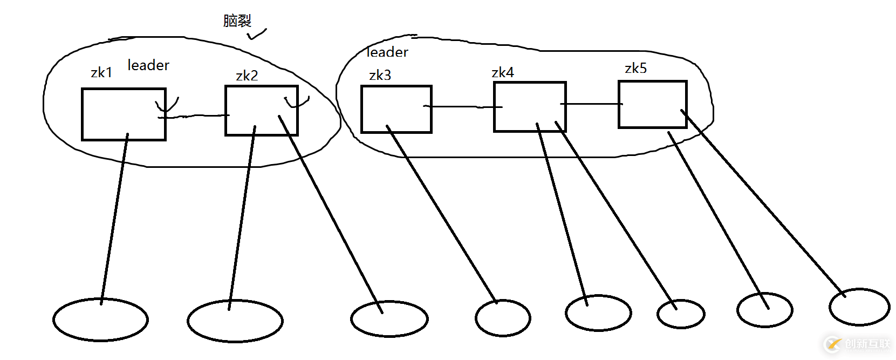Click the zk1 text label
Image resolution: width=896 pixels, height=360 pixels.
tap(101, 72)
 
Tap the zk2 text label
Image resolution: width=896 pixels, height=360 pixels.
tap(247, 76)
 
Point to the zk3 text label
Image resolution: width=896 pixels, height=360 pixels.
tap(380, 75)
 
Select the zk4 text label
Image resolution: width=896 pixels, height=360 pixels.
tap(503, 72)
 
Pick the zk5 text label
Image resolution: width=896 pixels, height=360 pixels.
tap(635, 68)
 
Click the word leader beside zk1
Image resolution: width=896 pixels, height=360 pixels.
tap(148, 65)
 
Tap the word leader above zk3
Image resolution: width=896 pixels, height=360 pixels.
tap(387, 52)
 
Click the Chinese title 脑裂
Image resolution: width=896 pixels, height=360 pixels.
tap(237, 21)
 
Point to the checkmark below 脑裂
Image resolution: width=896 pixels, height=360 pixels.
tap(257, 35)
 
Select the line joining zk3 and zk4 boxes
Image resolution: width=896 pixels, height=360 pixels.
tap(463, 107)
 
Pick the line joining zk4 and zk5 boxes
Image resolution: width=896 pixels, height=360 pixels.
tap(592, 104)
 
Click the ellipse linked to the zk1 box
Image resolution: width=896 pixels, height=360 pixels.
tap(100, 320)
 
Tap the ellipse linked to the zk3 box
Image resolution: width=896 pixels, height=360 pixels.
tap(503, 318)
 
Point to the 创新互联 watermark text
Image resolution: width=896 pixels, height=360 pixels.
tap(867, 344)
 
